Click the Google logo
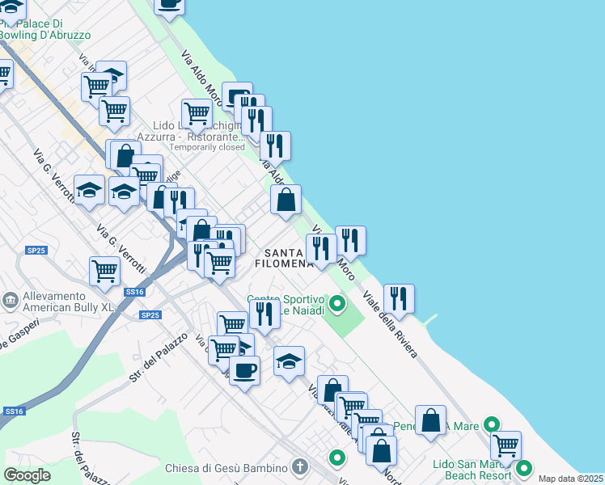tap(27, 475)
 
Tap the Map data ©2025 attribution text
tap(571, 479)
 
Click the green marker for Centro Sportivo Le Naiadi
tap(337, 304)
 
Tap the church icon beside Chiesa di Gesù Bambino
tap(300, 467)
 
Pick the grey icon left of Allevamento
tap(11, 302)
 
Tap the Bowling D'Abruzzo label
tap(44, 35)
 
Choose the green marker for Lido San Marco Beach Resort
tap(524, 468)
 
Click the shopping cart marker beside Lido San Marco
tap(506, 444)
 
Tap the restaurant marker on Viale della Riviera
tap(399, 298)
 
